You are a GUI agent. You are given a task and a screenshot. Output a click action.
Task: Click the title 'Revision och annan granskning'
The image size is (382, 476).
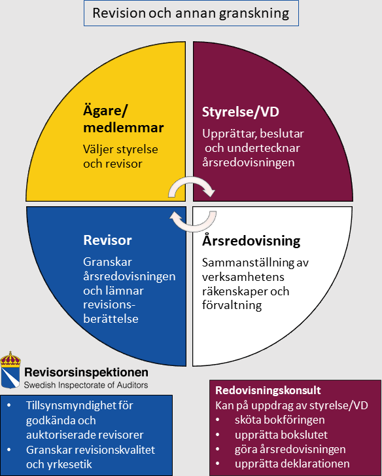(191, 13)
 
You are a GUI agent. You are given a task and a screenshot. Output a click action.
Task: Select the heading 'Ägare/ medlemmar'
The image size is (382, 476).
(124, 119)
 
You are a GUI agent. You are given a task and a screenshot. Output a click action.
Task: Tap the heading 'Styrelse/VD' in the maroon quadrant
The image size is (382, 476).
(241, 112)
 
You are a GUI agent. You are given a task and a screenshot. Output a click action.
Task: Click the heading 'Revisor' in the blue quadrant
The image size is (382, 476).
(107, 240)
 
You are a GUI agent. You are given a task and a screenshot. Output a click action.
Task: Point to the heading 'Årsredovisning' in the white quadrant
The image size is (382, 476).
(251, 241)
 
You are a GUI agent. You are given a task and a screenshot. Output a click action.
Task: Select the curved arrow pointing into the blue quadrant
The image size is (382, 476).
(193, 221)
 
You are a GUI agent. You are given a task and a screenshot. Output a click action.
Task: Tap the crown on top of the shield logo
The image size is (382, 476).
(10, 359)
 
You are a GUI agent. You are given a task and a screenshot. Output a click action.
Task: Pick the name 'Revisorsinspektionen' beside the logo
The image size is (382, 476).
(86, 372)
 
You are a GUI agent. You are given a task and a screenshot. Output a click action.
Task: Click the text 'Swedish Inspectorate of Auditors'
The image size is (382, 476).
(86, 385)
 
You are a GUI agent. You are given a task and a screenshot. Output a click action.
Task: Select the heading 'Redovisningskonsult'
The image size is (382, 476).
(268, 390)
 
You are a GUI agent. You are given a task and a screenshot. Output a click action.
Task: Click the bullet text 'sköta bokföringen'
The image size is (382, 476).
(279, 420)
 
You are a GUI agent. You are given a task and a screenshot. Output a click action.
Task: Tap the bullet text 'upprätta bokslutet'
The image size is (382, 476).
(281, 435)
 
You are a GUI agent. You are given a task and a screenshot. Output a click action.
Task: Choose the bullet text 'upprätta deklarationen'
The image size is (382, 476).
(292, 464)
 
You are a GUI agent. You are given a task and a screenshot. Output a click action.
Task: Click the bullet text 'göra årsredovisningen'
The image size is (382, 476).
(290, 450)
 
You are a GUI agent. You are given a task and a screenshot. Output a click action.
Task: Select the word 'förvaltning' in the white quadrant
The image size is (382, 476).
(232, 305)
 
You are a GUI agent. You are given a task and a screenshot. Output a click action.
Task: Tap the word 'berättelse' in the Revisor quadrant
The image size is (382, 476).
(111, 319)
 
